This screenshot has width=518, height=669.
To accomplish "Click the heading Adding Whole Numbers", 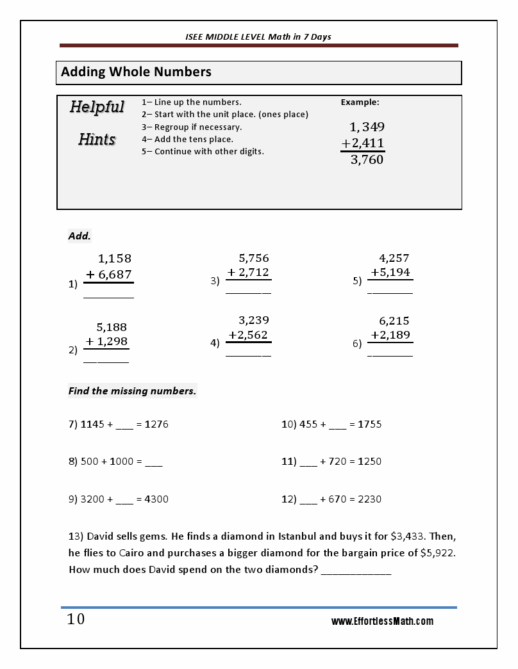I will (x=136, y=72).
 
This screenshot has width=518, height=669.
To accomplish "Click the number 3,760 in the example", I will (x=367, y=160).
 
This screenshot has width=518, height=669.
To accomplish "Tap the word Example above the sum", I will (x=360, y=102).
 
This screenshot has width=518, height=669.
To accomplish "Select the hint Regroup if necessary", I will (x=192, y=127).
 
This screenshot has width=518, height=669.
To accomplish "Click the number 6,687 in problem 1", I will (x=115, y=275).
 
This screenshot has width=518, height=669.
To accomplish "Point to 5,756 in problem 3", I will (x=254, y=259).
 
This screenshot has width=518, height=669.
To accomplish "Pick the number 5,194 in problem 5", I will (x=394, y=273).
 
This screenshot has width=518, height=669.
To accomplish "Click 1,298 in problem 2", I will (x=112, y=342).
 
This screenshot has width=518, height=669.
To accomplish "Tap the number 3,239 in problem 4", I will (x=254, y=320).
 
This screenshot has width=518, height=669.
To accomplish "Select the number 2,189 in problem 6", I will (x=395, y=335).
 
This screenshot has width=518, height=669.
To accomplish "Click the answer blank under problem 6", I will (x=390, y=355).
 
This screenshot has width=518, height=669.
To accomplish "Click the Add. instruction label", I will (x=79, y=236).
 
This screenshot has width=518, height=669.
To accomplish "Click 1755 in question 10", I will (x=369, y=424).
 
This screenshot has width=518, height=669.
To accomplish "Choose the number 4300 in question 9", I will (x=156, y=499).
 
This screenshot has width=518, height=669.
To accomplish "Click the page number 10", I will (x=76, y=620).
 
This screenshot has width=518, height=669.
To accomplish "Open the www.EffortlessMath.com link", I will (x=382, y=622).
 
